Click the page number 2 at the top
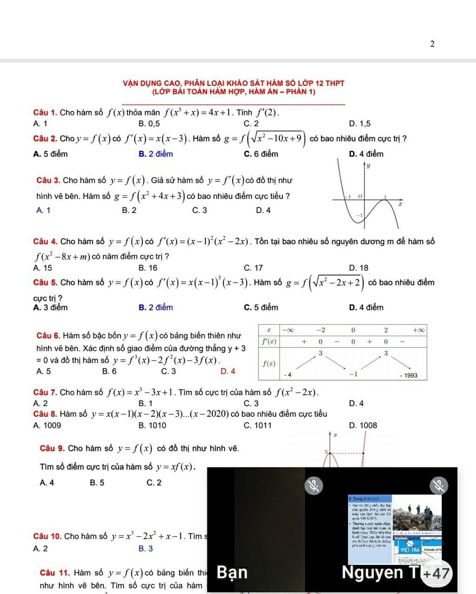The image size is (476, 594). coord(432,44)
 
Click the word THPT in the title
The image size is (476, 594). coord(335,83)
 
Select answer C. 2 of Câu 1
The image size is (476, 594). coord(251,123)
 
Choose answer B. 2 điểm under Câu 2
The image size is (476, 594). coord(155,154)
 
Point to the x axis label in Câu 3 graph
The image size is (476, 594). coord(399,204)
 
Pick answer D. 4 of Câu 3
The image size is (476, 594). coord(263,210)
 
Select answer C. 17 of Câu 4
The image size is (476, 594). coord(253,268)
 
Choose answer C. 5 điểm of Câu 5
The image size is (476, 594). coord(261,308)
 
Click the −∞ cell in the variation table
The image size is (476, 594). coord(288,330)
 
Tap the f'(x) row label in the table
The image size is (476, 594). coord(269,342)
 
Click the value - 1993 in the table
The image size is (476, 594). coord(409,375)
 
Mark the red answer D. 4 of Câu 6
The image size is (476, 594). coord(228,371)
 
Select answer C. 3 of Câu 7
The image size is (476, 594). coord(251,404)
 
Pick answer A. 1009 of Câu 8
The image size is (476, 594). coord(47,426)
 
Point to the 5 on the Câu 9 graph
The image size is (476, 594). coord(326,452)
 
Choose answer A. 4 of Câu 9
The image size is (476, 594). coord(47,483)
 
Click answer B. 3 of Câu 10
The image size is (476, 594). coord(145,549)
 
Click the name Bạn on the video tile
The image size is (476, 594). coord(232,573)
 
